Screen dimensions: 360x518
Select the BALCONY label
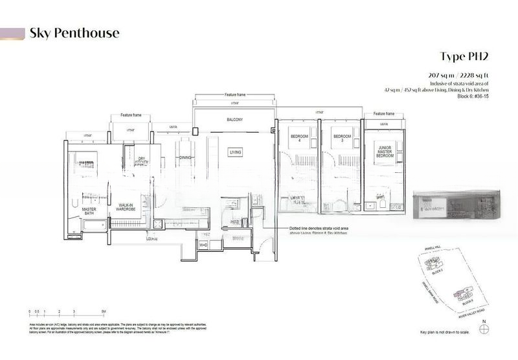[234, 120]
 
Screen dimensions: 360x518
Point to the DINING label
[186, 157]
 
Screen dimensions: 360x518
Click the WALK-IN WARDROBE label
[126, 207]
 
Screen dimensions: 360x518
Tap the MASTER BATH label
[89, 213]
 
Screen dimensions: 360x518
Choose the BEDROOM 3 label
[341, 139]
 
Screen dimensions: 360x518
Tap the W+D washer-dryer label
[203, 245]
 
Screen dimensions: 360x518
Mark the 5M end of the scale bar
[104, 312]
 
